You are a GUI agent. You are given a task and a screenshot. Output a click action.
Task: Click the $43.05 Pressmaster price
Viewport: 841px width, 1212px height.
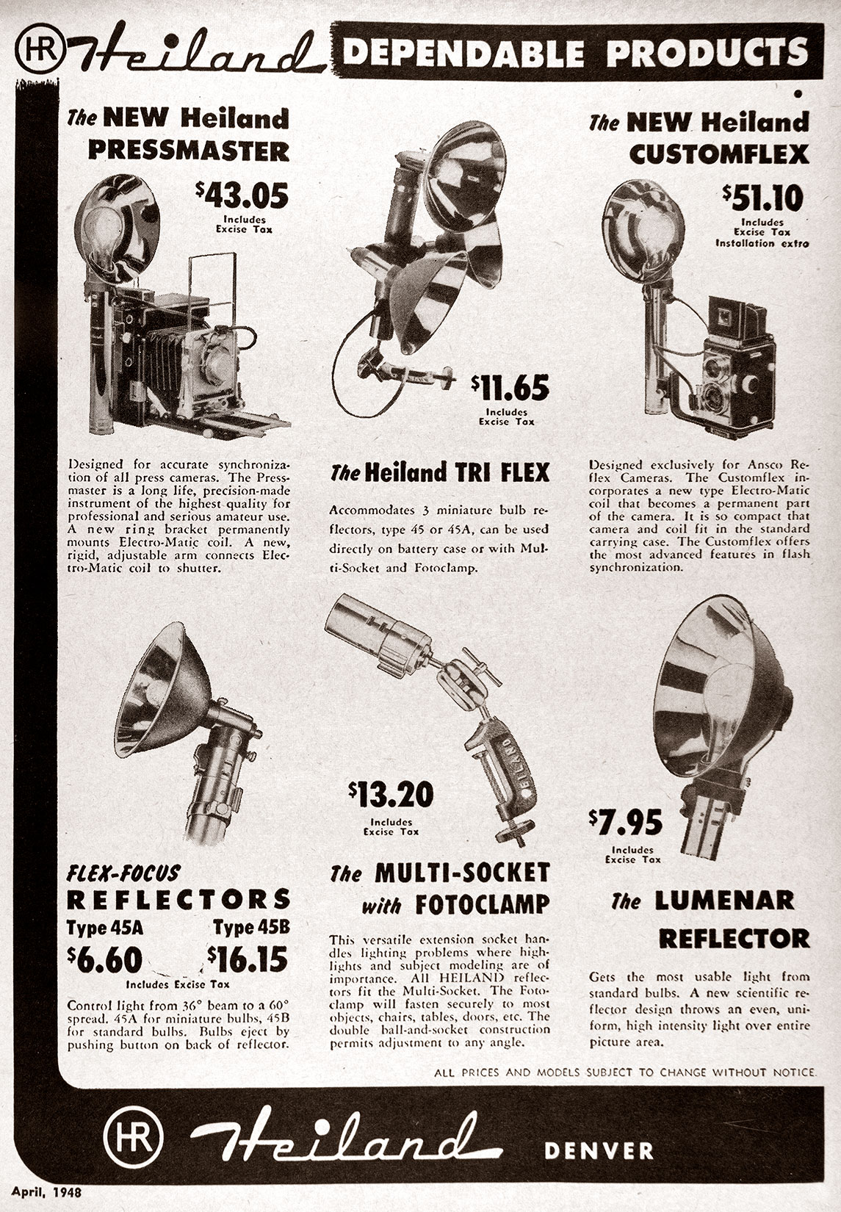click(242, 195)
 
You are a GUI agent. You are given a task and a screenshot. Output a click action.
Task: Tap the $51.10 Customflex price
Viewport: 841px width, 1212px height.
click(763, 198)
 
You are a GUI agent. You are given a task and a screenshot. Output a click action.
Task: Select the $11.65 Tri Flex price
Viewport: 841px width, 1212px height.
click(510, 387)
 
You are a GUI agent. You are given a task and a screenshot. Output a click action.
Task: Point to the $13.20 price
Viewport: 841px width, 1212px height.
click(391, 794)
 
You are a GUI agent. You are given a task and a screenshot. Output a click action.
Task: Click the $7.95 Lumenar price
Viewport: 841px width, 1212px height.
click(626, 822)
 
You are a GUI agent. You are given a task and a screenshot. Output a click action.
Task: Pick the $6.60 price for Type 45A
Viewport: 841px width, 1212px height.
click(104, 960)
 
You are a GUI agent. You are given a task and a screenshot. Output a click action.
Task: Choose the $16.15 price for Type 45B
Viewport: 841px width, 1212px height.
click(248, 959)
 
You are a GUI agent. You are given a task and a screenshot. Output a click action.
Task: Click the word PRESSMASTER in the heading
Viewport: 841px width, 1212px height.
click(188, 151)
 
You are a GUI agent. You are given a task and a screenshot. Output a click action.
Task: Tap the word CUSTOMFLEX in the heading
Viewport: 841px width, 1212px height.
click(719, 154)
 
